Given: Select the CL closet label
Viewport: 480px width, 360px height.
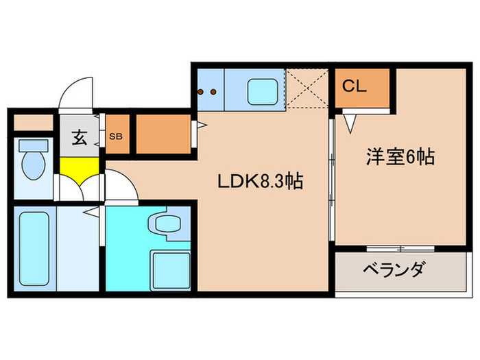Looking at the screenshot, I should coord(354,87).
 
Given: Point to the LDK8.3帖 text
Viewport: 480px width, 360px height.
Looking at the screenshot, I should coord(261,182).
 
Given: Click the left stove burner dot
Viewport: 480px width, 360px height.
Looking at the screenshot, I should coord(202,91).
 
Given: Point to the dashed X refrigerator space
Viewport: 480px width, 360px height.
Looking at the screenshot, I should coord(308,88).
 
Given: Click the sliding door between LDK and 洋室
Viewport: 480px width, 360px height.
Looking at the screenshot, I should coord(332,178).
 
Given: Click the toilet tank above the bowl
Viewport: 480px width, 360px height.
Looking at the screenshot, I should coord(32,145).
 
